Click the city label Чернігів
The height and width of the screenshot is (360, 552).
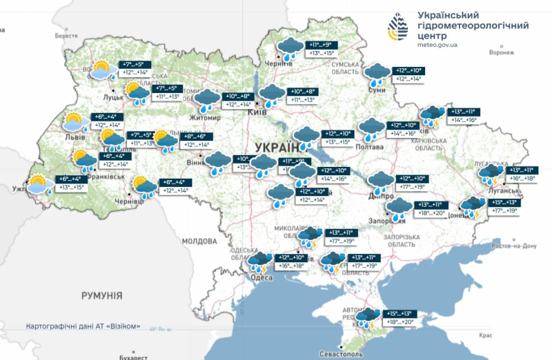tap(278, 63)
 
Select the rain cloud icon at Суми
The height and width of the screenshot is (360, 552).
tap(377, 74)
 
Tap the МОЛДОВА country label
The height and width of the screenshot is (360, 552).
tap(199, 241)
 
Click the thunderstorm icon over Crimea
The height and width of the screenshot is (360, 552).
tap(366, 318)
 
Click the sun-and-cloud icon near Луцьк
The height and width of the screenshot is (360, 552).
tap(102, 70)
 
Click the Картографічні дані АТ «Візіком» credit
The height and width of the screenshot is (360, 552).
tap(83, 326)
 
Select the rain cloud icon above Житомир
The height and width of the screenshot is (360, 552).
tap(206, 101)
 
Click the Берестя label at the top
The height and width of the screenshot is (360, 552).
tap(66, 35)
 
